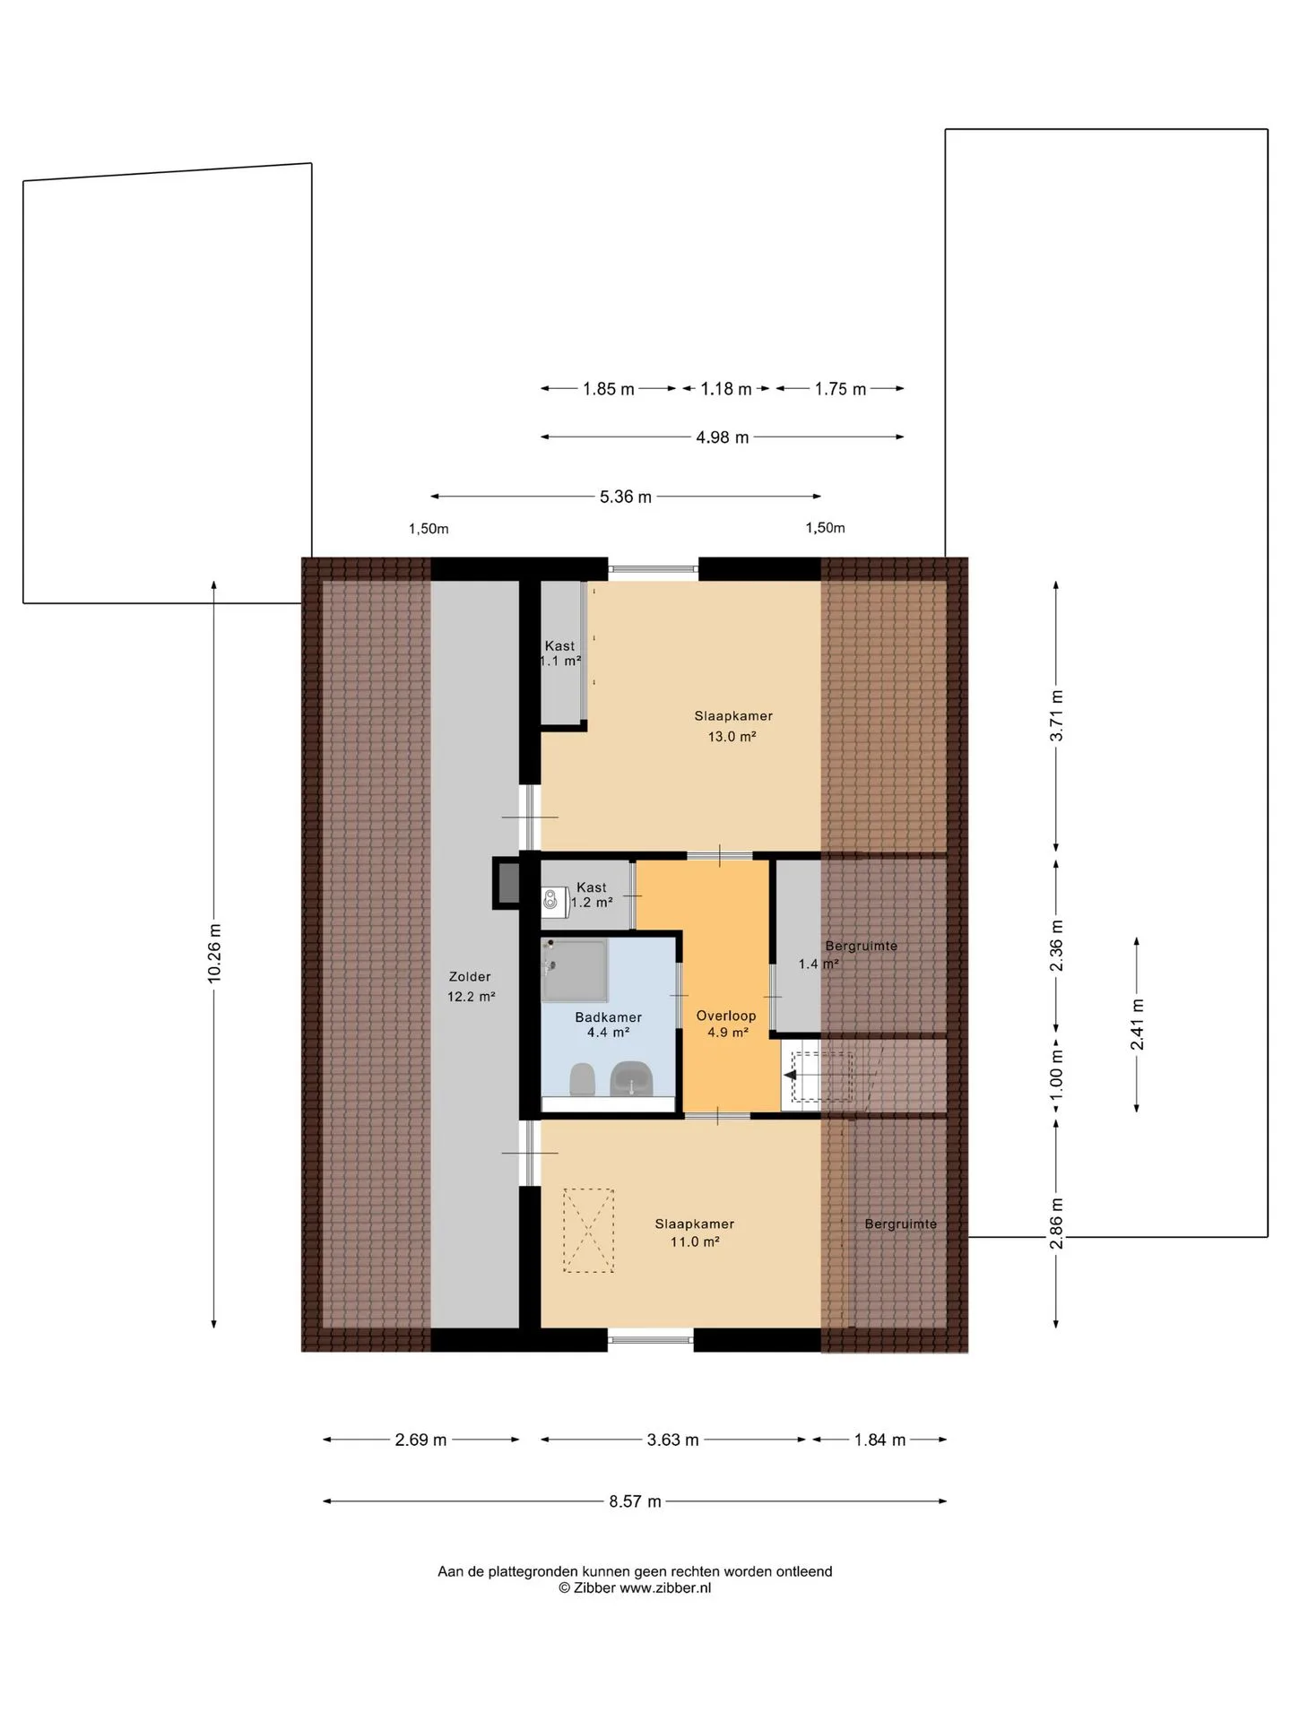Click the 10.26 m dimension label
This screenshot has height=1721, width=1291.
pyautogui.click(x=214, y=953)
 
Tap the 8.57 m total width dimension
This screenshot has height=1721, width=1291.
pyautogui.click(x=635, y=1501)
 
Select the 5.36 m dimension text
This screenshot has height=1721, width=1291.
pyautogui.click(x=626, y=497)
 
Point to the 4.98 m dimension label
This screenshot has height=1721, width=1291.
pyautogui.click(x=723, y=437)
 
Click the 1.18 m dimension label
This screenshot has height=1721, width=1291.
pyautogui.click(x=726, y=389)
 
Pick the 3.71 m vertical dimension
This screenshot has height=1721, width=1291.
pyautogui.click(x=1057, y=716)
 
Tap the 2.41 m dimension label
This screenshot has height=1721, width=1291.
pyautogui.click(x=1137, y=1025)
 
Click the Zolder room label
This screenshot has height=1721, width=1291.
pyautogui.click(x=470, y=977)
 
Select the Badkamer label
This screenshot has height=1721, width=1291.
pyautogui.click(x=608, y=1017)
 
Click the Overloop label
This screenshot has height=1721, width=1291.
pyautogui.click(x=726, y=1016)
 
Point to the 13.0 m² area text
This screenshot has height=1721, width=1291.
pyautogui.click(x=732, y=737)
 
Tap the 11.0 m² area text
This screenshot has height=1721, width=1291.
pyautogui.click(x=695, y=1241)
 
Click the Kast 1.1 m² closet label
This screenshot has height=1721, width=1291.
pyautogui.click(x=560, y=653)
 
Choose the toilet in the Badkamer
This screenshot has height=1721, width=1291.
pyautogui.click(x=582, y=1079)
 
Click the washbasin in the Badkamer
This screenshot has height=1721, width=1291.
pyautogui.click(x=631, y=1078)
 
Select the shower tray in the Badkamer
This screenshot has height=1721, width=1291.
pyautogui.click(x=575, y=970)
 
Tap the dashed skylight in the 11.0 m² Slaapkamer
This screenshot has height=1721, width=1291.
pyautogui.click(x=588, y=1231)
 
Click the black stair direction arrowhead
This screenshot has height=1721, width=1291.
pyautogui.click(x=790, y=1076)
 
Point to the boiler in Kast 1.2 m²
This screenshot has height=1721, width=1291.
pyautogui.click(x=552, y=901)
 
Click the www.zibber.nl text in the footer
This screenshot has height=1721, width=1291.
pyautogui.click(x=665, y=1587)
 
